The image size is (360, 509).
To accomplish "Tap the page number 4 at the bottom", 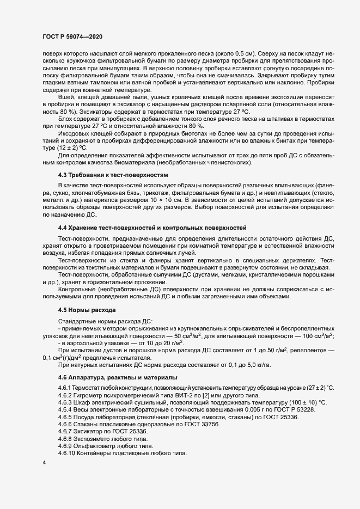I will click(x=44, y=463).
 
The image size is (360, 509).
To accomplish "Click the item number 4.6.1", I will click(x=66, y=388).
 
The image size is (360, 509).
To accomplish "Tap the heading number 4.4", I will click(x=63, y=241).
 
